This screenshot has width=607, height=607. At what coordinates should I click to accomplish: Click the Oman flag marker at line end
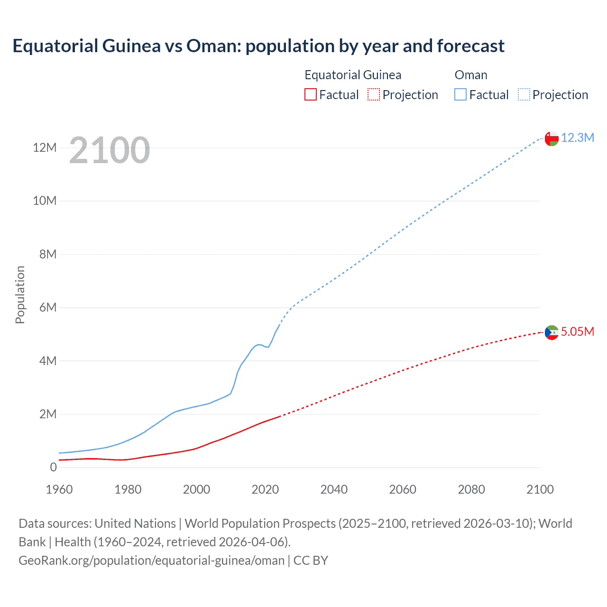tap(551, 138)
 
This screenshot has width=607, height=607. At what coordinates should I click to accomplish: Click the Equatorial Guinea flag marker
tap(551, 333)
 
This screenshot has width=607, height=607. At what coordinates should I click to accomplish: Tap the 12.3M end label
tap(578, 138)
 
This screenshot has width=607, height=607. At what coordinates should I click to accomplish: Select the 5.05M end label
tap(578, 331)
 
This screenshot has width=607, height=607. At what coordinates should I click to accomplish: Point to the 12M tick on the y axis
tap(45, 147)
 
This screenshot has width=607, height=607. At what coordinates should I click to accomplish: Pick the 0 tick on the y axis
tap(53, 467)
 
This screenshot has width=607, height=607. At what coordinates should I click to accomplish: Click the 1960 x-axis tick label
tap(59, 489)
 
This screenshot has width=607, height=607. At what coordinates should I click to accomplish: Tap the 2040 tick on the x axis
tap(334, 489)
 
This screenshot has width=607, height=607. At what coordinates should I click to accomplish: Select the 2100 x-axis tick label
tap(540, 489)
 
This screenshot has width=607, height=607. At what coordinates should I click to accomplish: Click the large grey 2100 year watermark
tap(110, 150)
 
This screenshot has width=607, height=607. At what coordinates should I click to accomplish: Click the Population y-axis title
tap(20, 294)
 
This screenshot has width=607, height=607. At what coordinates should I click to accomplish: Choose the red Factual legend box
tap(311, 95)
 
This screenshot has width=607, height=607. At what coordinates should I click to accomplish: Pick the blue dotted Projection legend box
tap(524, 95)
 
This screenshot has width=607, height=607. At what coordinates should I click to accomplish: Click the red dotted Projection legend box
tap(374, 95)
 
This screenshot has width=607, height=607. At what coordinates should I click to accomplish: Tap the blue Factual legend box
tap(460, 95)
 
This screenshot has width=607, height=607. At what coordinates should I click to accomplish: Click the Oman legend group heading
tap(471, 75)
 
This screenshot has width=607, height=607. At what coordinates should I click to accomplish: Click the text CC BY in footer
tap(311, 560)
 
